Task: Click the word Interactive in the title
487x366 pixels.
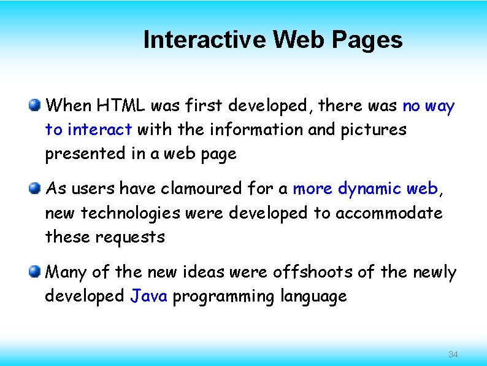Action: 205,40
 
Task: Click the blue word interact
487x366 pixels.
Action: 100,130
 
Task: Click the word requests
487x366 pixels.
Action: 130,236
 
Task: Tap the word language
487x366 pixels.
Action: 313,296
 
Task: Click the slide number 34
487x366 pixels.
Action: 453,354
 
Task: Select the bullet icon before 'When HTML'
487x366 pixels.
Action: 36,106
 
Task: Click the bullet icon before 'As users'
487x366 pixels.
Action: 36,188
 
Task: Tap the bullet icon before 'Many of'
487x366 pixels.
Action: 36,271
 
